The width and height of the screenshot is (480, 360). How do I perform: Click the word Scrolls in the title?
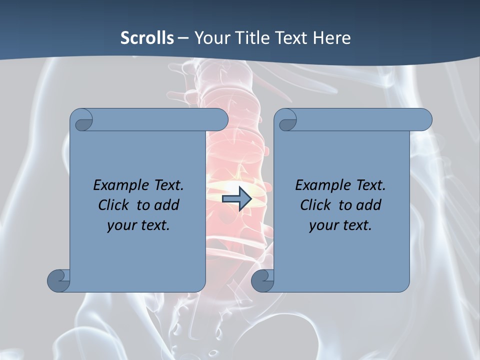(x=147, y=37)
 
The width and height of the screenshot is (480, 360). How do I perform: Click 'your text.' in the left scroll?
(x=138, y=225)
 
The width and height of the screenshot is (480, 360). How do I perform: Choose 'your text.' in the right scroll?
(x=340, y=225)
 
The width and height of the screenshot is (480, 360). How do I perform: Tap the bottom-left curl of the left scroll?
(x=58, y=280)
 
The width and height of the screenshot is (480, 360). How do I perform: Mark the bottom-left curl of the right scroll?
(x=262, y=280)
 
